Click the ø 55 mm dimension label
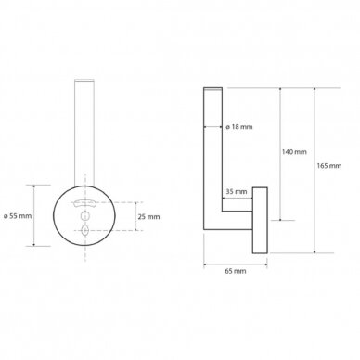tap(18, 216)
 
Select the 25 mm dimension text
tap(148, 217)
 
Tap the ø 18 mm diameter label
tap(239, 127)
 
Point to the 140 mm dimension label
tap(294, 152)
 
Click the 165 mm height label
tap(329, 166)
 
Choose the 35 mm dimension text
tap(237, 192)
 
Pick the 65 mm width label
tap(236, 271)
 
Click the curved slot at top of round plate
tap(84, 202)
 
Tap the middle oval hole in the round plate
tap(84, 215)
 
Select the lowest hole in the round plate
tap(84, 229)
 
